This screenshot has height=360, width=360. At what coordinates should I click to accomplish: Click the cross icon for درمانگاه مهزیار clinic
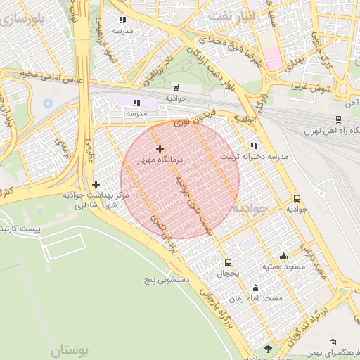(x=160, y=148)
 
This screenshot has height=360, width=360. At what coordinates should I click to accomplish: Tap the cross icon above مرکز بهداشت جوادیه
(x=96, y=184)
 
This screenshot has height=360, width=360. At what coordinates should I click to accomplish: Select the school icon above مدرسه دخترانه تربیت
(x=254, y=146)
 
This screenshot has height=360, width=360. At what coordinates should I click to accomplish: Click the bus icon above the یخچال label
(x=226, y=262)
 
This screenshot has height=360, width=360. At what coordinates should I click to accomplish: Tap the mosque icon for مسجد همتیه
(x=283, y=257)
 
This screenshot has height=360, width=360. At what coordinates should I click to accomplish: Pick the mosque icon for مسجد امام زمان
(x=255, y=288)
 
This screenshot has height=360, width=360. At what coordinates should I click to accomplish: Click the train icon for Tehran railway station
(x=339, y=120)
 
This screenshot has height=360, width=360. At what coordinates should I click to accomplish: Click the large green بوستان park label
(x=71, y=349)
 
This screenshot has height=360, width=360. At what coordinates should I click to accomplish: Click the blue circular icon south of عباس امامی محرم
(x=48, y=103)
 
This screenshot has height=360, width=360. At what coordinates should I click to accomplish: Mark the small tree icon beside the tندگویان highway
(x=268, y=348)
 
